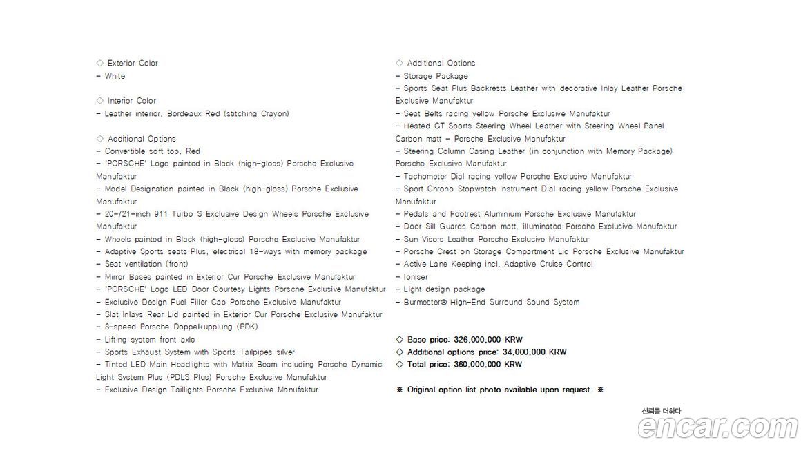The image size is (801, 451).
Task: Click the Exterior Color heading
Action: pos(133,63)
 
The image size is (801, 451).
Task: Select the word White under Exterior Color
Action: pos(115,76)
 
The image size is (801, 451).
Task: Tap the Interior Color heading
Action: pos(131,101)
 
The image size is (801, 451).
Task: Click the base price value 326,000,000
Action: pos(478,340)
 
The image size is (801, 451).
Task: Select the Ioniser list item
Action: pos(416,277)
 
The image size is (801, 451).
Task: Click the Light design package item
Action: pos(444,289)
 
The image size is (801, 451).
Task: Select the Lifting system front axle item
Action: pos(149,340)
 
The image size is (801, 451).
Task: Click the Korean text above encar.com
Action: pos(661,412)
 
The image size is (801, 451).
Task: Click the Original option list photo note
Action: pos(500,390)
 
